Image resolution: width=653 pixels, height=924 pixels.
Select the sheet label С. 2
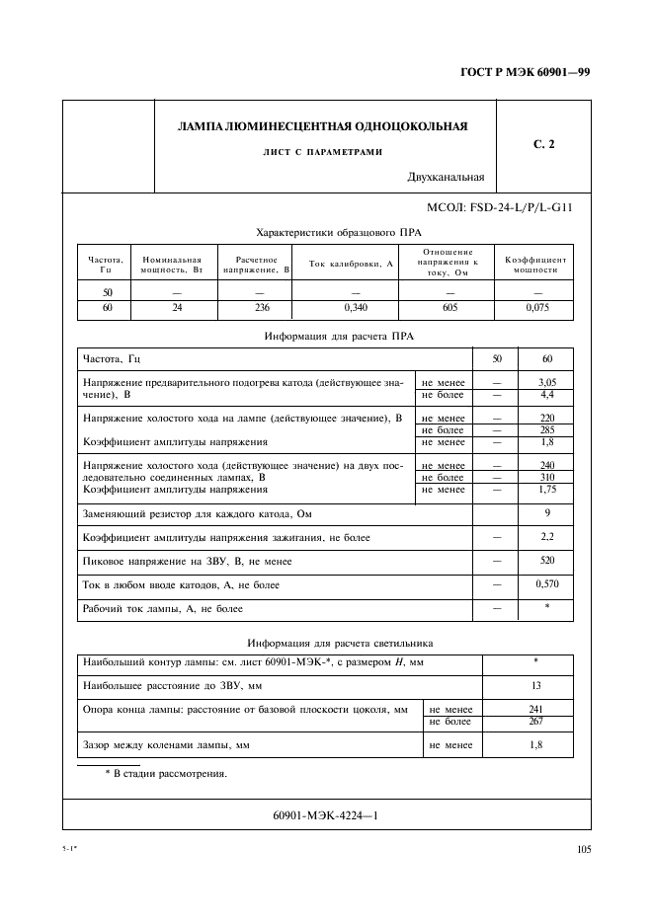pyautogui.click(x=544, y=145)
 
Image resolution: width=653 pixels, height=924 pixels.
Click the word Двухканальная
pyautogui.click(x=446, y=179)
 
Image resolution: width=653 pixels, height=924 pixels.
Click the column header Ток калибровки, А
pyautogui.click(x=352, y=264)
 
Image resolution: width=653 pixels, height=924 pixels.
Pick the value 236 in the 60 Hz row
pyautogui.click(x=256, y=309)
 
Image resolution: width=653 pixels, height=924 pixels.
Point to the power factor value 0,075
pyautogui.click(x=537, y=309)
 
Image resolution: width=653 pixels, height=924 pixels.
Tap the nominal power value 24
pyautogui.click(x=178, y=309)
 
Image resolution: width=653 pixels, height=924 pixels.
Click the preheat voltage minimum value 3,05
pyautogui.click(x=546, y=381)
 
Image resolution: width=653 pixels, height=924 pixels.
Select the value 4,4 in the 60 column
pyautogui.click(x=546, y=394)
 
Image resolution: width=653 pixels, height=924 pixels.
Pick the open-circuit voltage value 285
pyautogui.click(x=546, y=430)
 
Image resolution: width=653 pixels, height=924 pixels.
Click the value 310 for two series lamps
pyautogui.click(x=546, y=477)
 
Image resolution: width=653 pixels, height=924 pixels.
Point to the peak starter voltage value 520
pyautogui.click(x=546, y=561)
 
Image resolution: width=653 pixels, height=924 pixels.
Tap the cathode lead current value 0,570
pyautogui.click(x=546, y=584)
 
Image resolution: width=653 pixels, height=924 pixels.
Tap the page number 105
pyautogui.click(x=583, y=848)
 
